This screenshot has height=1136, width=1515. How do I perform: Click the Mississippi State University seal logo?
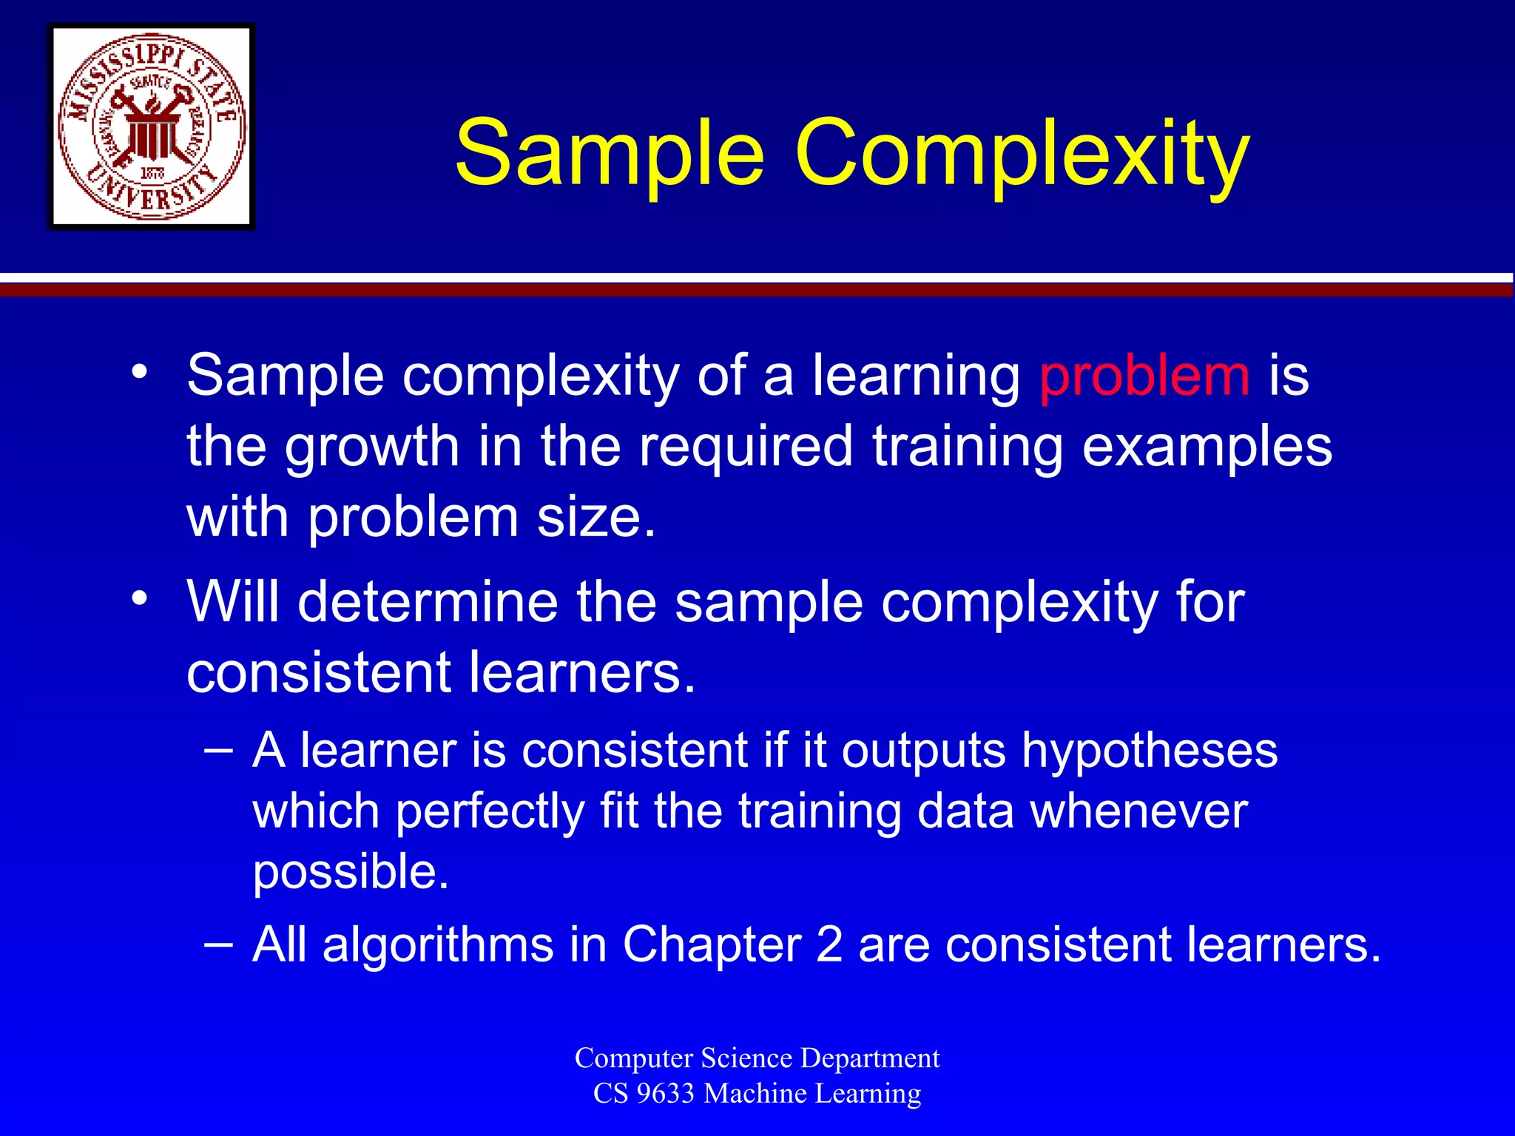point(152,126)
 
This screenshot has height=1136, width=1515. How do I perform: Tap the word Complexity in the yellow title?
point(1022,155)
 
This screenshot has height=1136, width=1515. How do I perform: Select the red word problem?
point(1144,376)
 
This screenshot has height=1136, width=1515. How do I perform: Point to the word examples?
point(1207,448)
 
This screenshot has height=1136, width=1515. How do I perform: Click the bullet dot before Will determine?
point(140,598)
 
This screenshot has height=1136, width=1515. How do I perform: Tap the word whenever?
point(1139,811)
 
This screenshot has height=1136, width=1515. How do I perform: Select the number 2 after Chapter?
point(829,944)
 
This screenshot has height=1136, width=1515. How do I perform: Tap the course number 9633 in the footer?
point(664,1093)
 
